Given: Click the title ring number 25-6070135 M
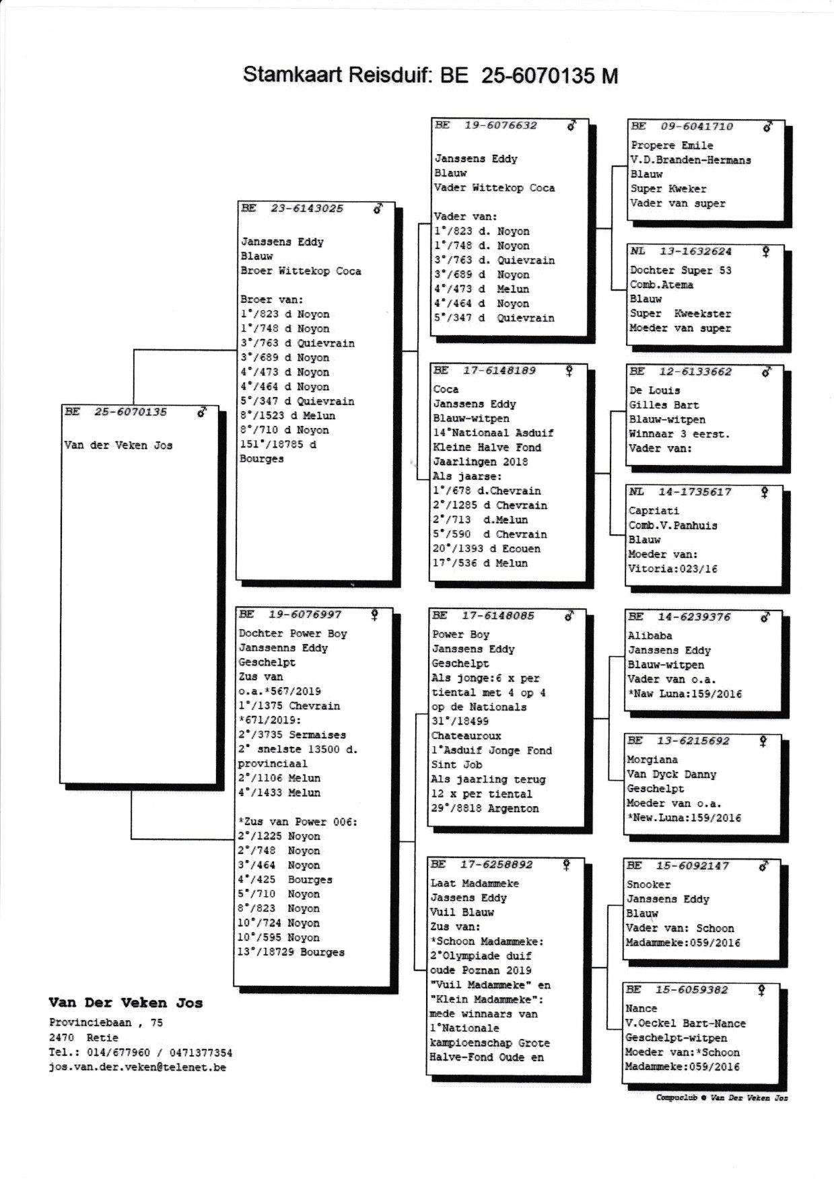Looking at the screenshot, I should pos(549,75).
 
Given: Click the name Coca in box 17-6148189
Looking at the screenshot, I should pos(446,390).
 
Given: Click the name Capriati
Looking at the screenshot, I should pos(654,511).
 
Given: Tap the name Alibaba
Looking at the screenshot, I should pos(650,635).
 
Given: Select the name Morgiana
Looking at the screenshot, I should pos(652,760).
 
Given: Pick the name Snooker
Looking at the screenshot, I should pos(648,884).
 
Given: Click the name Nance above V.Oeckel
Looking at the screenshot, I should pos(641,1009).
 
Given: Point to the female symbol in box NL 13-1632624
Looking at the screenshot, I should pos(765,251).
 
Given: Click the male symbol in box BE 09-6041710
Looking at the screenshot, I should pos(767,126).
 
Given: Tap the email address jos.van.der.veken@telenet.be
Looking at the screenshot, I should pos(137,1067).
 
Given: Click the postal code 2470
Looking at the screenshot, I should pos(61,1038).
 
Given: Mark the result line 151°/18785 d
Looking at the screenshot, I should pos(278,445).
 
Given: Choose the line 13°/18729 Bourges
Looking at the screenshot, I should pos(290,952).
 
